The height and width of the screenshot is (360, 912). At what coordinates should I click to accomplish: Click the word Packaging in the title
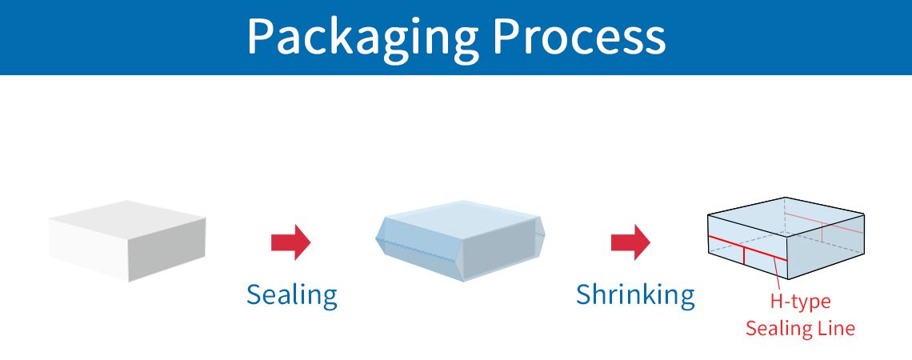click(362, 36)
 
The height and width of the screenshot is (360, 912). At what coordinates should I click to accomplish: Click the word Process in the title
click(578, 36)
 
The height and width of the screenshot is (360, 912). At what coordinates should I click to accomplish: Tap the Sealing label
click(291, 295)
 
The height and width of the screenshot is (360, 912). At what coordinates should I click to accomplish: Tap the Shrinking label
click(635, 295)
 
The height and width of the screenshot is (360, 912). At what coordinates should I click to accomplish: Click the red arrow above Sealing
click(290, 242)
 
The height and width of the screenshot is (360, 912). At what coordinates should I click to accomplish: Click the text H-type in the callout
click(800, 302)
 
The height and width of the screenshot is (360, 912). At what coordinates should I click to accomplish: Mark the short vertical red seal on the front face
click(744, 255)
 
